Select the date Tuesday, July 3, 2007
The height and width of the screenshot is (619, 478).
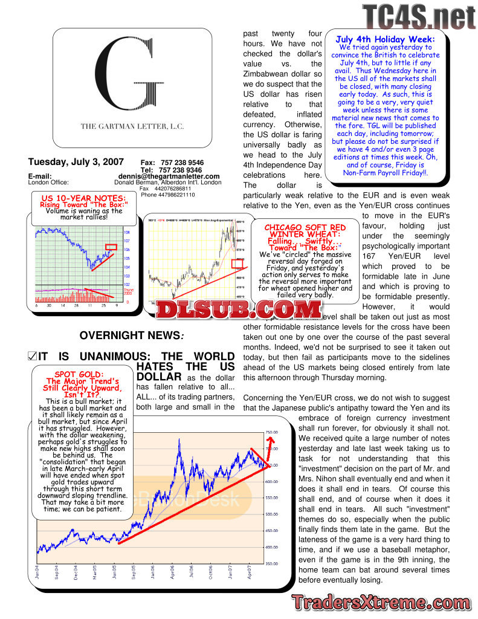click(76, 162)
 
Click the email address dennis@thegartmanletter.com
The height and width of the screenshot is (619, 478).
click(169, 176)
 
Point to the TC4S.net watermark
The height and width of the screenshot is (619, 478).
click(419, 17)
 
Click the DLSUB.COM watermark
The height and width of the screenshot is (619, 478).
click(238, 309)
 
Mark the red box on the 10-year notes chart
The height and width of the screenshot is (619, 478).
click(111, 247)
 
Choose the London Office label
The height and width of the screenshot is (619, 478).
click(49, 182)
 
